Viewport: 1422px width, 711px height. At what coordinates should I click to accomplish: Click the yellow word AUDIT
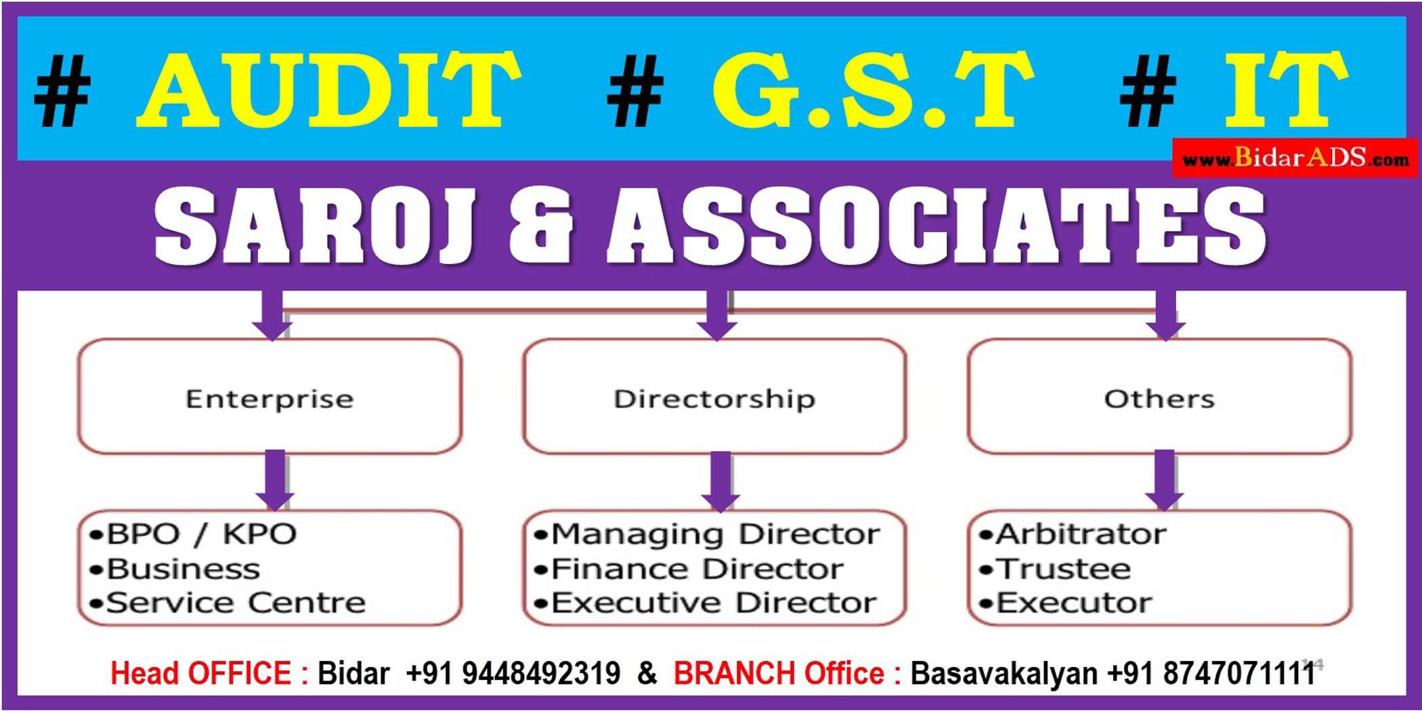(330, 89)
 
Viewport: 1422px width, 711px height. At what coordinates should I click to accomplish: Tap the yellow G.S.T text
(873, 89)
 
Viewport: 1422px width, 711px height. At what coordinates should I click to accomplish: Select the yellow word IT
(1286, 89)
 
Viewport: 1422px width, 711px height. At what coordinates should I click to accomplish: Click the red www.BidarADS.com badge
(1295, 158)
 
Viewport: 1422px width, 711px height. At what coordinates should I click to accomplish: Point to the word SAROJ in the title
(315, 227)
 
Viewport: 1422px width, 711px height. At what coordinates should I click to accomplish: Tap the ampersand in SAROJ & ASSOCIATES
(540, 227)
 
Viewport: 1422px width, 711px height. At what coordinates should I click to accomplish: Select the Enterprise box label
(270, 399)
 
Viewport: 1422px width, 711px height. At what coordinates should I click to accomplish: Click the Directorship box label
(714, 399)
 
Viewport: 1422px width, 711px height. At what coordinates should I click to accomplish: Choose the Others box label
(1159, 399)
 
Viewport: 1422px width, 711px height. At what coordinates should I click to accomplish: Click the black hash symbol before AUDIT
(62, 91)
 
